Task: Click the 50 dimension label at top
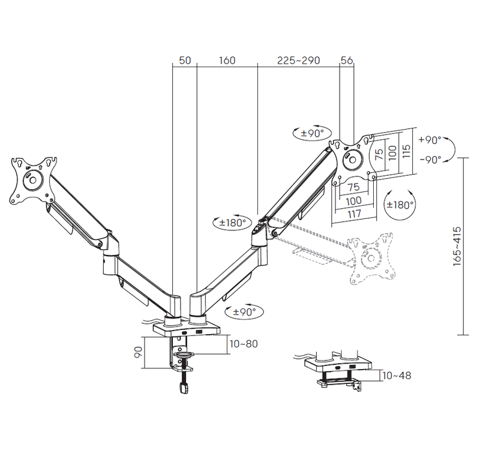185,61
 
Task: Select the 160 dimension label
227,61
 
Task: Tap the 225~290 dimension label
298,61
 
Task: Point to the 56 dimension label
347,61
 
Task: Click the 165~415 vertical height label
457,246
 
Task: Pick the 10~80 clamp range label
244,344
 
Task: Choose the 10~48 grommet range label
397,376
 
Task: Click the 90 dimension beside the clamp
138,352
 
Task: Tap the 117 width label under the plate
354,214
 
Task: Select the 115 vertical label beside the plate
406,152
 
